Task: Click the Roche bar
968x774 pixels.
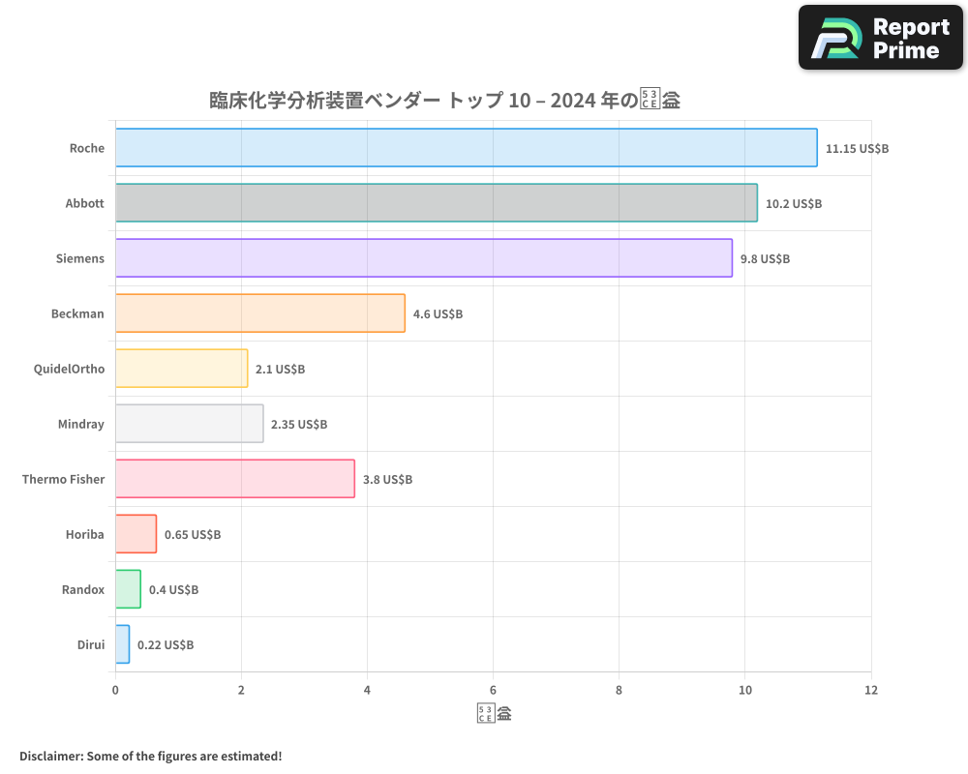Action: (x=466, y=148)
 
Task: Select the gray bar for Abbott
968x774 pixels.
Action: (x=436, y=203)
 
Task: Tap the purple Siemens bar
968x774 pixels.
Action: (x=423, y=258)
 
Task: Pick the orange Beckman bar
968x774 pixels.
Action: (x=259, y=313)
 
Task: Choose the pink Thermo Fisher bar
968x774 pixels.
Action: (x=234, y=479)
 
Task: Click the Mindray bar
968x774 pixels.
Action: (x=189, y=424)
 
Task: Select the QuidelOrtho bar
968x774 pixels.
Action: (x=181, y=369)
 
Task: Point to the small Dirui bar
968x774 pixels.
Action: (x=122, y=644)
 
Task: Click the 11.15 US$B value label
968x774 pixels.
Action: (x=857, y=149)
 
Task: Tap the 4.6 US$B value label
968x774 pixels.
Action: (x=438, y=314)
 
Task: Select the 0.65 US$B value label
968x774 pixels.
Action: (x=192, y=534)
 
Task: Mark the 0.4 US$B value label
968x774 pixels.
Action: (x=173, y=589)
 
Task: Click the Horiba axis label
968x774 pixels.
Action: (x=84, y=534)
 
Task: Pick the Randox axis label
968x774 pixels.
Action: (x=82, y=589)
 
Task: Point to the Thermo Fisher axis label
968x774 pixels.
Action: (x=63, y=479)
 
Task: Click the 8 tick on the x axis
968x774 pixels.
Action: (x=619, y=690)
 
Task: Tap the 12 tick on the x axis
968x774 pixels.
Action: (x=871, y=690)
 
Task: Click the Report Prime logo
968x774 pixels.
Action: (x=881, y=38)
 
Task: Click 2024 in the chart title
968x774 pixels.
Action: (x=572, y=100)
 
